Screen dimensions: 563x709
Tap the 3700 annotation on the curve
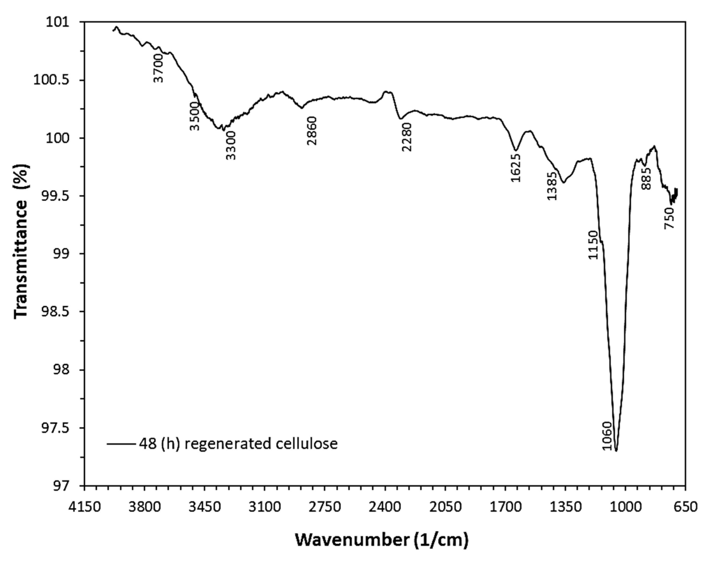tap(159, 68)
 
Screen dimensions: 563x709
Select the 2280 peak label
tap(407, 137)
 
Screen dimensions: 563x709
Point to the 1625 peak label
tap(516, 167)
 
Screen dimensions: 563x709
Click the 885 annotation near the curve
tap(646, 179)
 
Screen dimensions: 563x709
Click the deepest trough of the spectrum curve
tap(616, 451)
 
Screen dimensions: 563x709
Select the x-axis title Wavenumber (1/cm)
tap(381, 540)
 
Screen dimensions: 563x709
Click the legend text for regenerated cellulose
tap(238, 444)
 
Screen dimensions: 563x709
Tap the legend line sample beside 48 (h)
tap(120, 444)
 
